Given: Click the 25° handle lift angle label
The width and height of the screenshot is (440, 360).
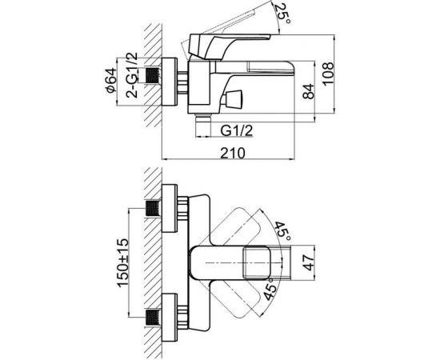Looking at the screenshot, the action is [283, 13].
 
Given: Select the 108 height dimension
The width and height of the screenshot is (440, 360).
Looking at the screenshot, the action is [328, 74].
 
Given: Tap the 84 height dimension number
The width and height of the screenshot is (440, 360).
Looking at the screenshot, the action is [308, 91].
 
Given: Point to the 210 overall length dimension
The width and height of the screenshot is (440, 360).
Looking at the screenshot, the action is [232, 154].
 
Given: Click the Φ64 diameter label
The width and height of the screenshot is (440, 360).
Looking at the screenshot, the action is [111, 80].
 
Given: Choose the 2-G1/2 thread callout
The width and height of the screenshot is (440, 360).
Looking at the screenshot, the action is [132, 75].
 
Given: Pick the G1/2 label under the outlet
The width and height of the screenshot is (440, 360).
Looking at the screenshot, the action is [237, 130].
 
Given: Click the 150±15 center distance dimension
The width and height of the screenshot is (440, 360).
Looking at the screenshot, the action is [123, 262].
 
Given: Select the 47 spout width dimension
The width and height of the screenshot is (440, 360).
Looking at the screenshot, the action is [309, 262].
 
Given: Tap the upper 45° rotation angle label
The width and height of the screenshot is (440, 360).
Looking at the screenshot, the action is [282, 231].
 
